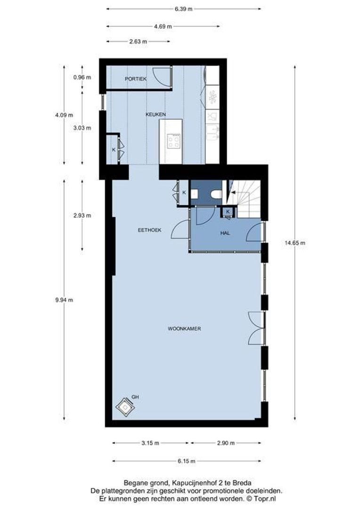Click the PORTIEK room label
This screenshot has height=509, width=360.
[135, 79]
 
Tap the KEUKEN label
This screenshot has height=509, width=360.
[155, 115]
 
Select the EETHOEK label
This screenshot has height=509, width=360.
[149, 230]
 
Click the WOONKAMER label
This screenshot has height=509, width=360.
[184, 328]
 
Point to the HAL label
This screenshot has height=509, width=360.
[225, 233]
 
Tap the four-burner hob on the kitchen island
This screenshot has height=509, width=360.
[173, 140]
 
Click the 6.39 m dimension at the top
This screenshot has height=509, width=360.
[183, 8]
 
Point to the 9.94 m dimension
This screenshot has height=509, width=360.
[64, 300]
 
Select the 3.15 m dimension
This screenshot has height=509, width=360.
[150, 443]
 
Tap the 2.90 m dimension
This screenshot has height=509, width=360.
[226, 443]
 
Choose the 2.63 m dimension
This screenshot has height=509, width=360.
[138, 41]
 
